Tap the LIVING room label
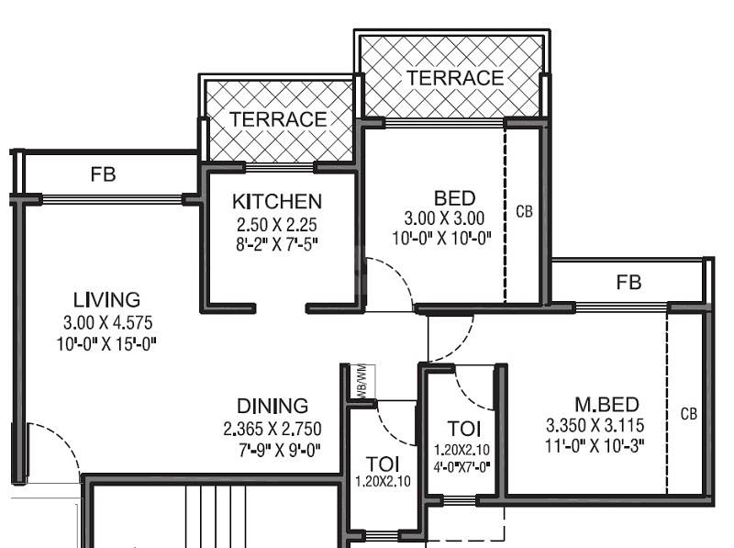(x=106, y=300)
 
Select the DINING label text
(x=272, y=406)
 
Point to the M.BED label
(x=606, y=405)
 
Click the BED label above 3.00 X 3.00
(x=454, y=198)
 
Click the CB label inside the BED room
(x=524, y=211)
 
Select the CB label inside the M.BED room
(x=688, y=414)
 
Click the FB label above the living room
(x=103, y=174)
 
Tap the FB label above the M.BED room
(x=628, y=282)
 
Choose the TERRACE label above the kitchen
(x=277, y=119)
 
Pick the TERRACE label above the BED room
(x=455, y=78)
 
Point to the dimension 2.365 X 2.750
(x=272, y=429)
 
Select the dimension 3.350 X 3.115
(x=606, y=427)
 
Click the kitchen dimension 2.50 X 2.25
(x=276, y=224)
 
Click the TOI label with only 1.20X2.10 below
(x=383, y=463)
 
